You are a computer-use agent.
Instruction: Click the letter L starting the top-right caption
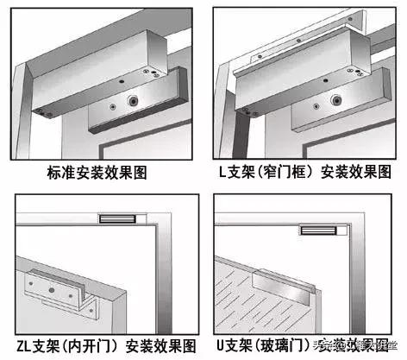(223, 173)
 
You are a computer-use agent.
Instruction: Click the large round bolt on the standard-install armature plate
(135, 100)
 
